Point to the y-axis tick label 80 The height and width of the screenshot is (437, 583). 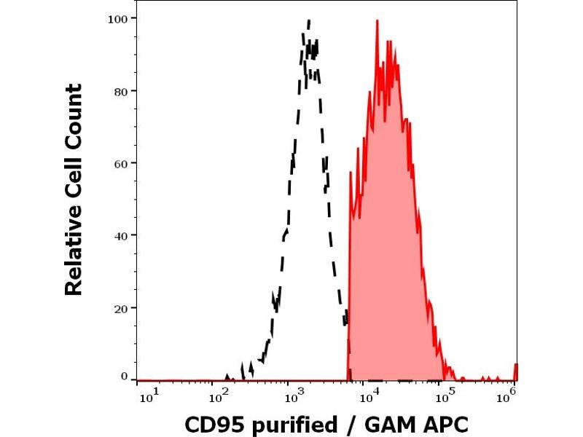[121, 90]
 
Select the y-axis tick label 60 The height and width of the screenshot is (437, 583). [121, 162]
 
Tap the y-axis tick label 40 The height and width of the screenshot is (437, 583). [121, 235]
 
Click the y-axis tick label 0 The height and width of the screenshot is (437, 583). [124, 377]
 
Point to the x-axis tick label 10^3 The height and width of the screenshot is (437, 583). [294, 397]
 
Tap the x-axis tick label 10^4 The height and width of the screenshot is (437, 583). [371, 397]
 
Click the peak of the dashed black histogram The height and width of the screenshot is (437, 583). [309, 20]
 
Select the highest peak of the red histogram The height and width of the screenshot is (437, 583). [377, 20]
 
